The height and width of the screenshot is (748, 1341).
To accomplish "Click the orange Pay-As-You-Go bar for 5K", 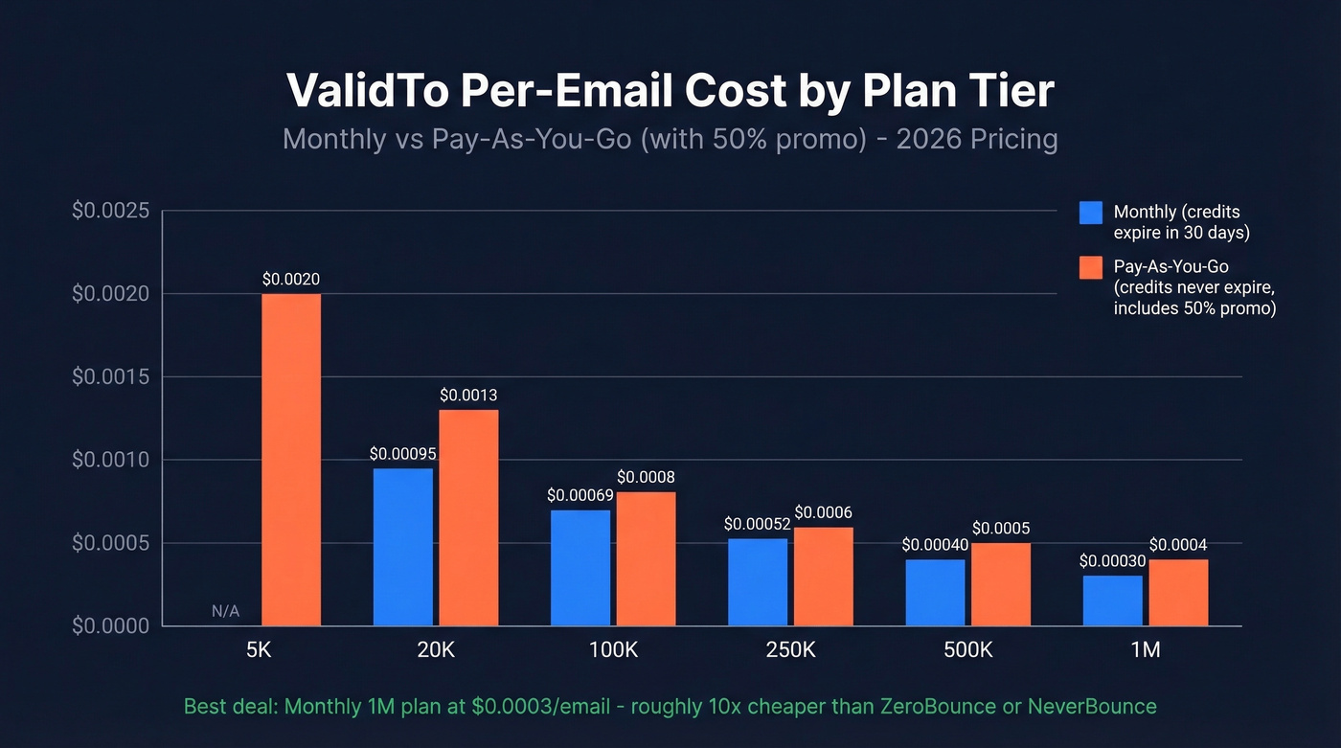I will [291, 460].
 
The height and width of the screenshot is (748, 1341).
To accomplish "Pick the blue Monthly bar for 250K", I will [757, 582].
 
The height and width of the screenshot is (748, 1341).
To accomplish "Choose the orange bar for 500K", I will [1001, 584].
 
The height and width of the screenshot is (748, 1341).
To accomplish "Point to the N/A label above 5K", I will [225, 611].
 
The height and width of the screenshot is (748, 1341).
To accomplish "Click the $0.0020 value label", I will [291, 280].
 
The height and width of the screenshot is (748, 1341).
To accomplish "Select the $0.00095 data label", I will [401, 453].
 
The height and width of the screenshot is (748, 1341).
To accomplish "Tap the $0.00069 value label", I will [579, 495].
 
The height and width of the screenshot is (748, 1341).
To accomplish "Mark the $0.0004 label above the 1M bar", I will [1178, 545].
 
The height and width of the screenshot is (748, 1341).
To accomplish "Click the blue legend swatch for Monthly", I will [1090, 213].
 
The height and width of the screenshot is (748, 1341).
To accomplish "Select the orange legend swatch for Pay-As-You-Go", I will [1090, 267].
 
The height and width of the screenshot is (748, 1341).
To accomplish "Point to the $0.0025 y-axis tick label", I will [111, 210].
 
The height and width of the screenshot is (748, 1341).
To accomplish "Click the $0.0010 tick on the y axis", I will [111, 460].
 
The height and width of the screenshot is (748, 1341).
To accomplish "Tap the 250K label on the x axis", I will [790, 649].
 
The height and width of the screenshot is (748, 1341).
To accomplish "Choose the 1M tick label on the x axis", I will [1145, 649].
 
